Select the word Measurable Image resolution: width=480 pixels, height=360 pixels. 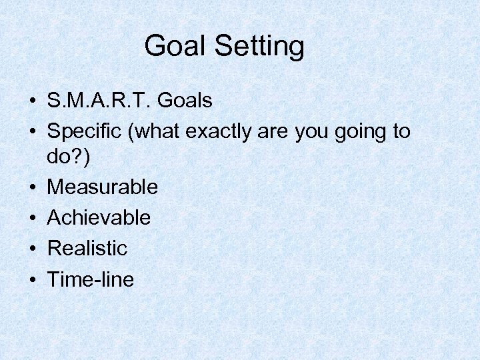(103, 187)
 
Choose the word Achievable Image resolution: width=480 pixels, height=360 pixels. (99, 217)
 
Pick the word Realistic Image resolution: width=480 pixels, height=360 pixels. (87, 248)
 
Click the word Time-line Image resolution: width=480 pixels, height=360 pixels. (90, 279)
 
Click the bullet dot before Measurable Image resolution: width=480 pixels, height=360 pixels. (32, 187)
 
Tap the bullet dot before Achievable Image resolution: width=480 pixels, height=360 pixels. (32, 218)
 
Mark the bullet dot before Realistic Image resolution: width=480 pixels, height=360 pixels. (32, 249)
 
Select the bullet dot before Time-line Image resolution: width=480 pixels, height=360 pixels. (32, 280)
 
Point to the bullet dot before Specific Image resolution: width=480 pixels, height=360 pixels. (32, 133)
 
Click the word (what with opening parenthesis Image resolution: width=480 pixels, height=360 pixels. (157, 132)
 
